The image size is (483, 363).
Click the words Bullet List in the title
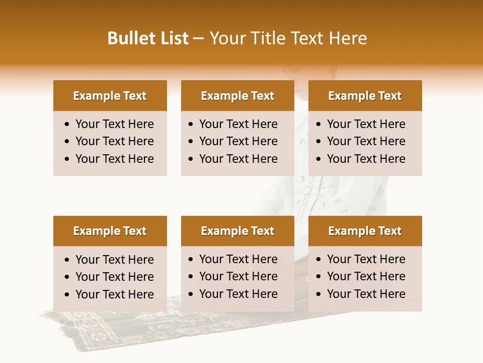coord(148,38)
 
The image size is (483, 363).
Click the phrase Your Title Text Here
coord(288,38)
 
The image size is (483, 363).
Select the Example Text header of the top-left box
coord(110,96)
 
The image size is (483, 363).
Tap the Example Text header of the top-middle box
coord(237,96)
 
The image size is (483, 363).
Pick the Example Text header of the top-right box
coord(365,96)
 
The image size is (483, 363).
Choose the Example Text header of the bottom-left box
coord(110,231)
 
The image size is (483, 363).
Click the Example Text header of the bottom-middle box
coord(237,231)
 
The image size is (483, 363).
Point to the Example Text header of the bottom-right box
coord(365,231)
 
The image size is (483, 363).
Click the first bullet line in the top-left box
coord(115,124)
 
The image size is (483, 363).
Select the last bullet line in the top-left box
coord(115,159)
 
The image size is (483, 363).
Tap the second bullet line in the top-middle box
coord(238,141)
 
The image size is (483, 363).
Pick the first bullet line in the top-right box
coord(366,124)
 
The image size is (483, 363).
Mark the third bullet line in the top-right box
coord(366,159)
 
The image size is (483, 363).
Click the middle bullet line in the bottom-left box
coord(115,277)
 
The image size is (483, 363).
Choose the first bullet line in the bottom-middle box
coord(238,259)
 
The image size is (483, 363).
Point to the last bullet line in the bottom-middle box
coord(238,294)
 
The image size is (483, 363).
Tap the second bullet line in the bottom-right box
coord(366,276)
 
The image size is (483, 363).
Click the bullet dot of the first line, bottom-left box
coord(67,260)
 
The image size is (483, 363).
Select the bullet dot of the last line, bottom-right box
coord(319,294)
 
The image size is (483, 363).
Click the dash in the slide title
coord(199,39)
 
